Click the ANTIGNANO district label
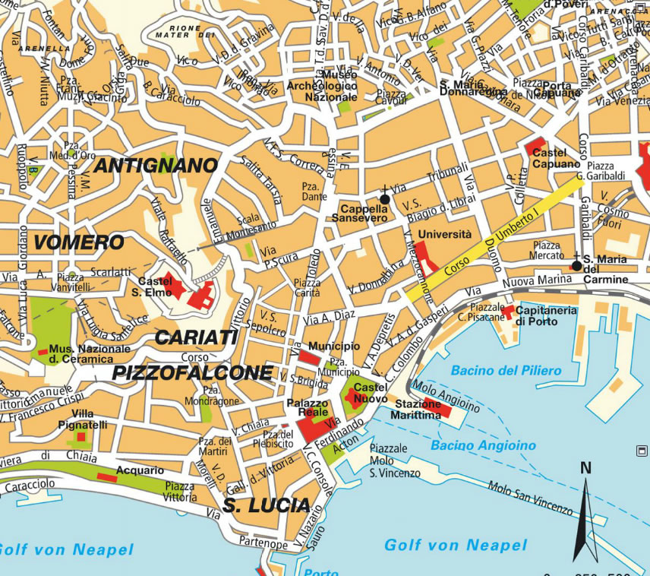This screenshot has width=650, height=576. tap(156, 165)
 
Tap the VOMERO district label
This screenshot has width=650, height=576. tap(78, 242)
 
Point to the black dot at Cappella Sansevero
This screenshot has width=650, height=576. tap(384, 199)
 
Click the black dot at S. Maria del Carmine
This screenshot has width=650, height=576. tap(576, 266)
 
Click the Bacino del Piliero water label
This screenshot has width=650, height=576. tap(506, 371)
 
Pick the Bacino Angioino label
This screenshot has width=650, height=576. tap(483, 445)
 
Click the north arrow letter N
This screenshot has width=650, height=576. tap(585, 468)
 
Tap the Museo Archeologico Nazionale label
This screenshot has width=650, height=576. tap(322, 86)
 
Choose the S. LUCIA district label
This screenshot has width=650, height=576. tap(266, 505)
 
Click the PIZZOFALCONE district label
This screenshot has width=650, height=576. tap(192, 372)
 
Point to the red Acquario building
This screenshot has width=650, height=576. tap(106, 477)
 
